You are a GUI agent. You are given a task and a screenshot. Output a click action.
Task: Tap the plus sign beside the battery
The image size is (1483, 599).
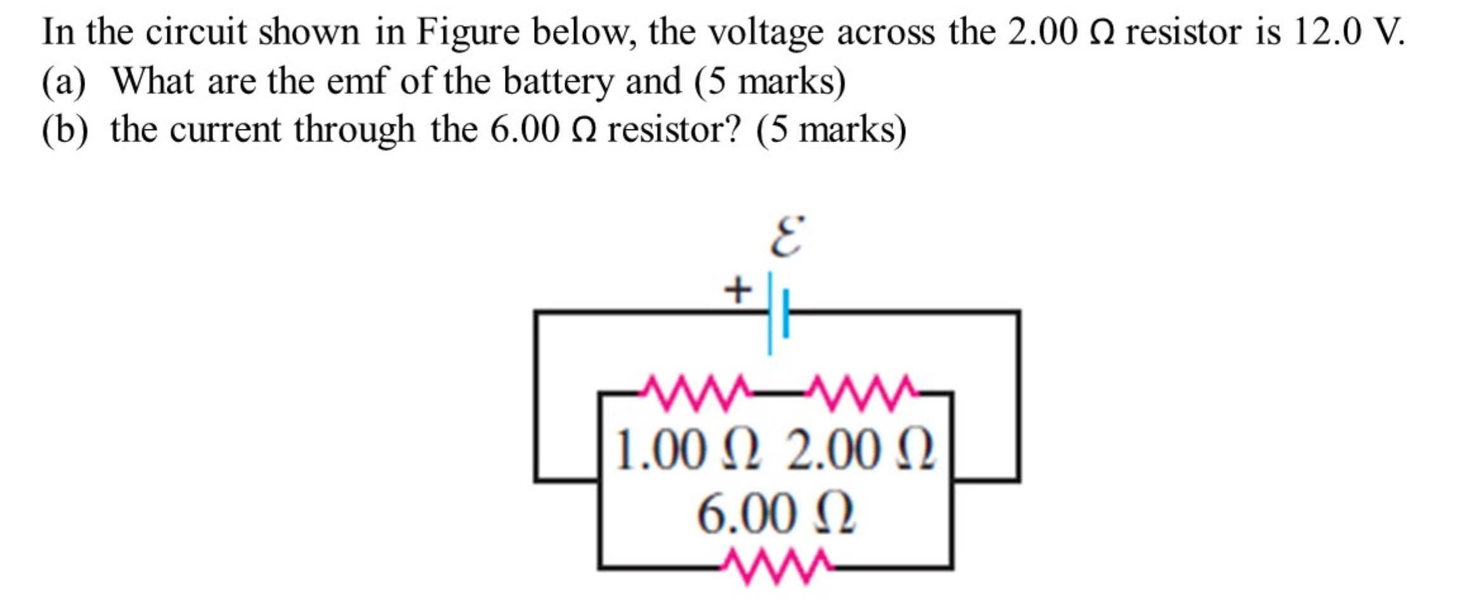click(x=738, y=291)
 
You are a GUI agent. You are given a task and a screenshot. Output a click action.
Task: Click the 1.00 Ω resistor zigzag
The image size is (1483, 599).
click(x=694, y=393)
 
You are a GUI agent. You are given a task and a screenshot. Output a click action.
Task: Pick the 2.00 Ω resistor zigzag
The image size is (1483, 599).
click(x=859, y=393)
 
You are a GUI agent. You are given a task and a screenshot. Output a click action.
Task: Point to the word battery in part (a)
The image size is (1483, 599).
click(x=558, y=82)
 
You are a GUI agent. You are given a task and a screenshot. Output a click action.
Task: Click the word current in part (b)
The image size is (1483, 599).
click(x=225, y=130)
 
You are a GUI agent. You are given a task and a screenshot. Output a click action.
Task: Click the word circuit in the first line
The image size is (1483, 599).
click(x=196, y=32)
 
